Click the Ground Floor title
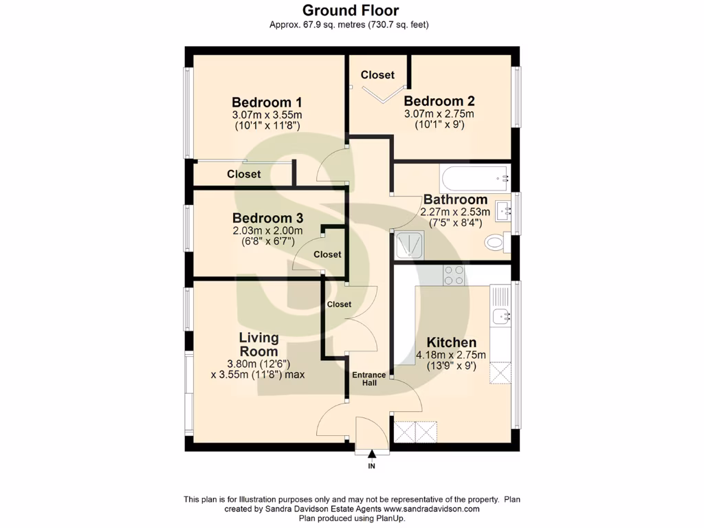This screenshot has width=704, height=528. [x=351, y=10]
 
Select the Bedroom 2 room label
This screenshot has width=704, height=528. [x=439, y=101]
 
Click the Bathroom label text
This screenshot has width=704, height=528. [x=455, y=199]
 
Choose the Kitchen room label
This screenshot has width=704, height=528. [x=451, y=342]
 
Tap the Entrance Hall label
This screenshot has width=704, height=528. [x=369, y=379]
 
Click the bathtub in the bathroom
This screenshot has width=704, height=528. [x=474, y=178]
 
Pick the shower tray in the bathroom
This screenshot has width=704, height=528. [x=410, y=244]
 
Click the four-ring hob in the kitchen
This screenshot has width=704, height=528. [x=453, y=275]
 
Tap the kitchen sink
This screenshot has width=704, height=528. [x=500, y=316]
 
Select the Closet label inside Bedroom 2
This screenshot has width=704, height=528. [x=377, y=74]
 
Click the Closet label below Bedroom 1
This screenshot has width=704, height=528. [x=244, y=175]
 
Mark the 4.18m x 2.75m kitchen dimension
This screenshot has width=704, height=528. [x=451, y=355]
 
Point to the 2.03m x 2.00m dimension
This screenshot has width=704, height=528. [x=267, y=231]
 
